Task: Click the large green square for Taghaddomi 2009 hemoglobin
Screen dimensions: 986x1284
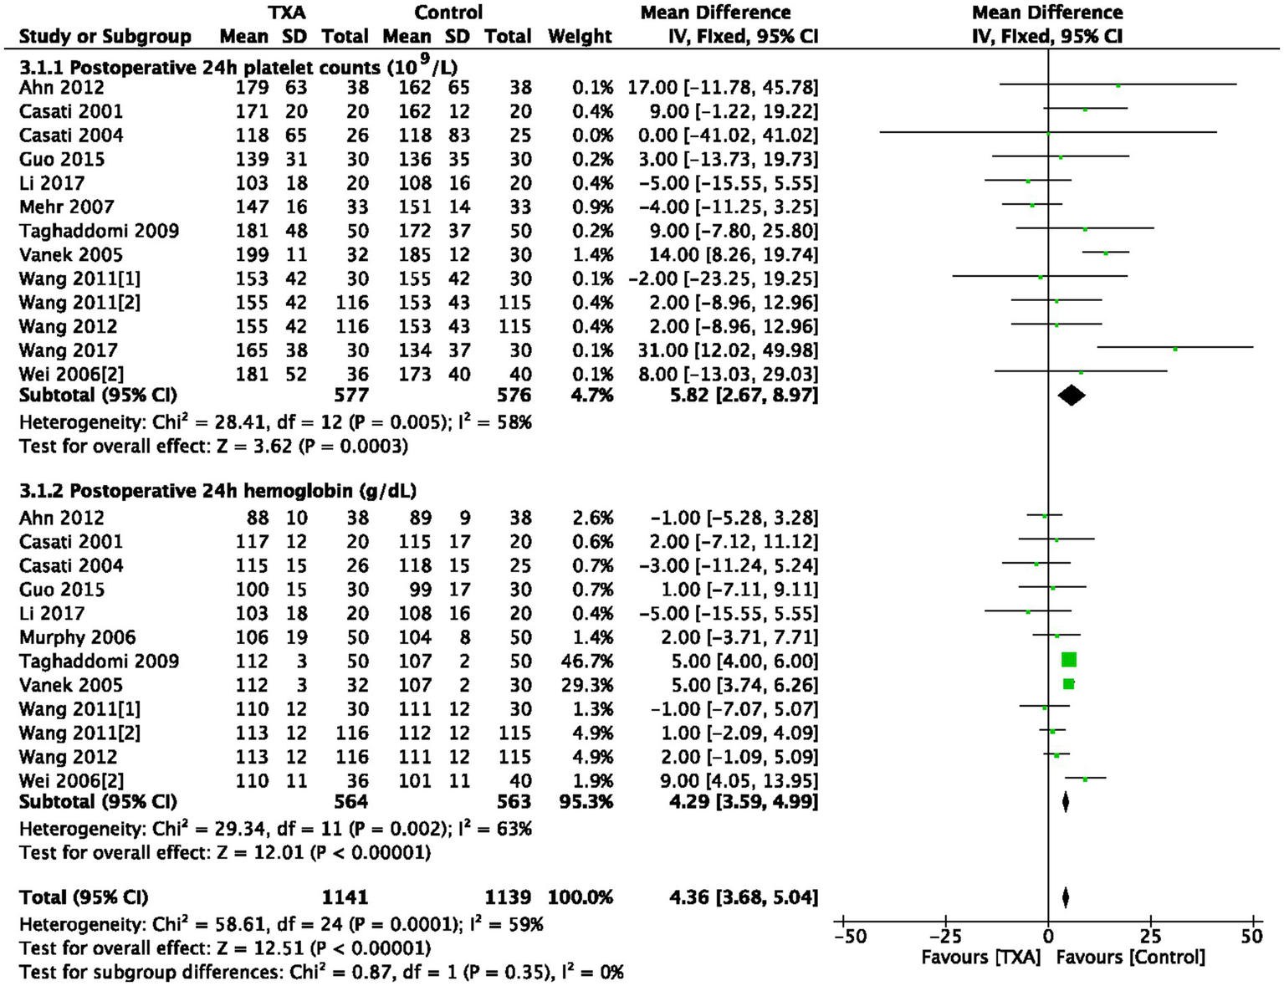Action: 1068,661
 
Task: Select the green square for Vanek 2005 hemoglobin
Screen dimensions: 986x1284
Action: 1068,684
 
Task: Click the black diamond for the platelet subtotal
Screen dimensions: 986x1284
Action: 1072,396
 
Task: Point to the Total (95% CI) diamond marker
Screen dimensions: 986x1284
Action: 1065,897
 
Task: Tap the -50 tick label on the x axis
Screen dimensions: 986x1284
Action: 850,937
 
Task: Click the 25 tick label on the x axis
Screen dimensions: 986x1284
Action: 1150,937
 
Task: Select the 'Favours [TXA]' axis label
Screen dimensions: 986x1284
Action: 980,958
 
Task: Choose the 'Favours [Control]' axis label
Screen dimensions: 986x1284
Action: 1130,958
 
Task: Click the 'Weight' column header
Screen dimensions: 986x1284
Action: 580,37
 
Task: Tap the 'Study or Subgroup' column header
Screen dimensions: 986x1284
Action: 105,37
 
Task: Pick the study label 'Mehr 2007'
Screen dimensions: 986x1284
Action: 66,207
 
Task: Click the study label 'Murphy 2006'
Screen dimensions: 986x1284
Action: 77,637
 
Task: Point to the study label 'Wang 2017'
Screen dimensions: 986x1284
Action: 68,350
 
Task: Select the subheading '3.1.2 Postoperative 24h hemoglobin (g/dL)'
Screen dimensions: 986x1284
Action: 217,491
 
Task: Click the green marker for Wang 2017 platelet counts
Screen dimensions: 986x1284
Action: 1175,350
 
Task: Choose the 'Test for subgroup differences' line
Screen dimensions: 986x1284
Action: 321,973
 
